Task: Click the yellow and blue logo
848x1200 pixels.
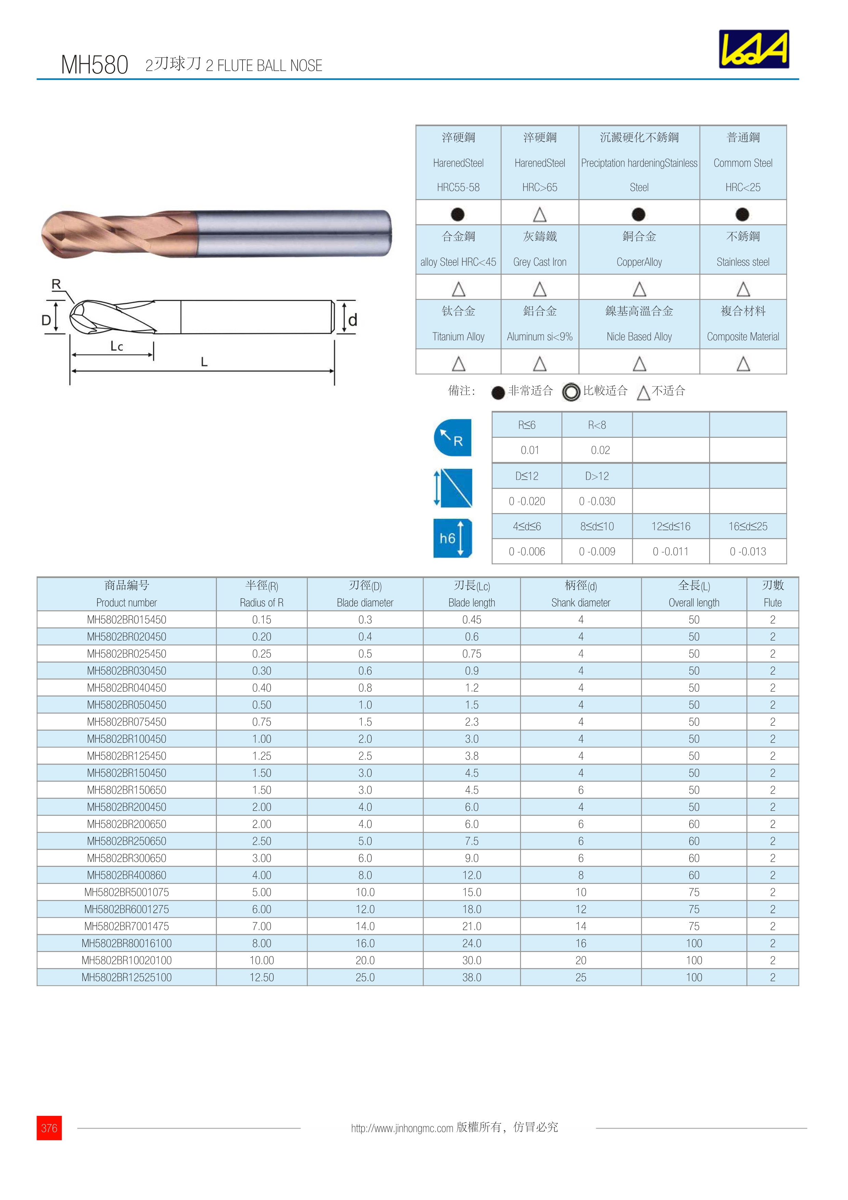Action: (754, 49)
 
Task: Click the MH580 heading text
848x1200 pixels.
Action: (94, 65)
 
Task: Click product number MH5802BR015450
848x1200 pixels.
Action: (127, 619)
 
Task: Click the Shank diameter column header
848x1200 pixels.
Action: (580, 594)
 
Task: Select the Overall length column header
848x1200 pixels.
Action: (694, 594)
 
